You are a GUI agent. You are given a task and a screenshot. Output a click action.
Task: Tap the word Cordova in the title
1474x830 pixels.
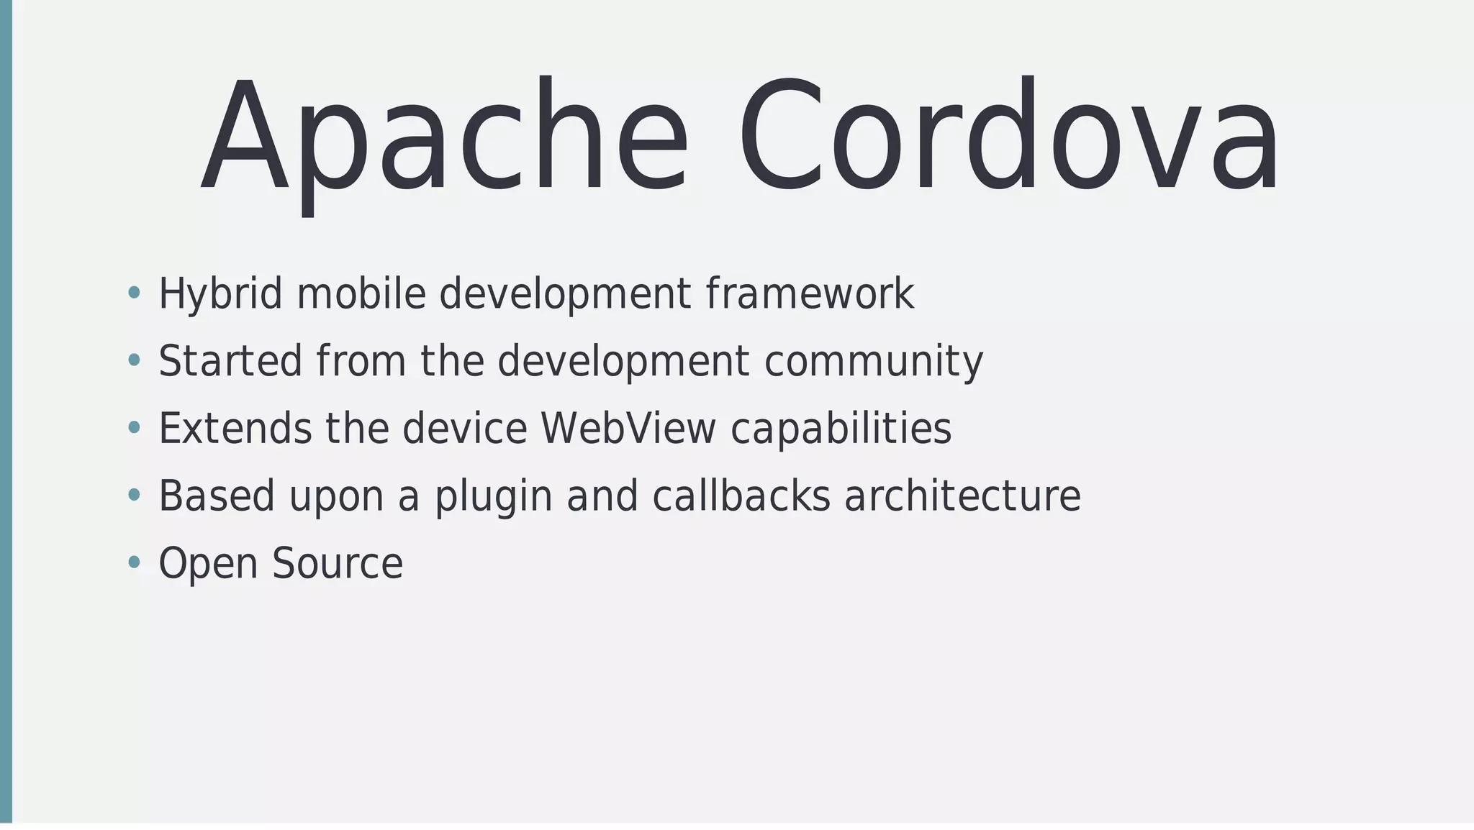(1008, 137)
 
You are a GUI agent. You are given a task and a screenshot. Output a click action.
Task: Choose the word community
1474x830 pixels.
(873, 361)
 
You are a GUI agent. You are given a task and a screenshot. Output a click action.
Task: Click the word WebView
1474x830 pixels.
(628, 429)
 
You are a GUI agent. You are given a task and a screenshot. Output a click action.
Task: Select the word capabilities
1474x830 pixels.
(841, 429)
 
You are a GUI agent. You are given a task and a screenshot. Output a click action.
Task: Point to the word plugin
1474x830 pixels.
(494, 496)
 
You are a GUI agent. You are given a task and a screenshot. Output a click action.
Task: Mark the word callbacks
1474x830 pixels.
(741, 496)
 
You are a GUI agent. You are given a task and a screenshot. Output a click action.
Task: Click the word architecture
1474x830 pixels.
(962, 496)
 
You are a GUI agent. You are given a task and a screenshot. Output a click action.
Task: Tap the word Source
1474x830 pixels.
(338, 563)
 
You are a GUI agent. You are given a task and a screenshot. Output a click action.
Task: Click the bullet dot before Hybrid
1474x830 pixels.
(134, 293)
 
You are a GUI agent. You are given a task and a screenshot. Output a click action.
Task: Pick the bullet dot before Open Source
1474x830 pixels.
(134, 562)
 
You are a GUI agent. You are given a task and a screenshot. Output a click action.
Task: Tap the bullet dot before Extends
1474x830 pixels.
(134, 428)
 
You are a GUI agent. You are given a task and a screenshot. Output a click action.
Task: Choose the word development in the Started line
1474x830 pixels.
(623, 361)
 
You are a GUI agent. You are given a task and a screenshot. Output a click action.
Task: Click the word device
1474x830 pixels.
(465, 429)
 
